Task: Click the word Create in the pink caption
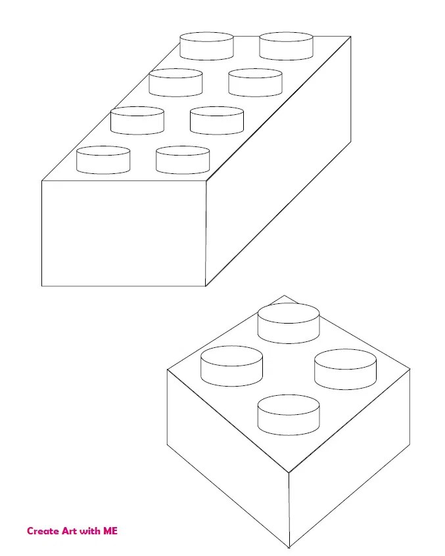click(x=43, y=531)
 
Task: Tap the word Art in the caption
click(x=69, y=531)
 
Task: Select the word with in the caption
click(x=90, y=531)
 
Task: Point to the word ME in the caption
click(x=110, y=531)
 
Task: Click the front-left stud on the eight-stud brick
click(x=103, y=160)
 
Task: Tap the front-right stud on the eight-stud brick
click(x=183, y=160)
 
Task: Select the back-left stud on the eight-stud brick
click(x=206, y=46)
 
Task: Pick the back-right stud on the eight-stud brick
click(x=286, y=46)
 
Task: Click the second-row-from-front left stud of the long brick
click(x=137, y=121)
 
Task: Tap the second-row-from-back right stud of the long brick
click(x=255, y=83)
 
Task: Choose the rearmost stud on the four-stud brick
click(x=289, y=323)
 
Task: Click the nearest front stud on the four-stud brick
click(x=289, y=415)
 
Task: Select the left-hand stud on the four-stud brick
click(x=231, y=366)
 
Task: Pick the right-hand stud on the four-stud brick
click(x=345, y=369)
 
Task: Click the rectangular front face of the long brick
click(x=124, y=233)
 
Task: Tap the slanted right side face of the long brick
click(x=278, y=161)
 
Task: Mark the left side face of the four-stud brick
click(x=228, y=458)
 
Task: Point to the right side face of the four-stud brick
click(x=350, y=458)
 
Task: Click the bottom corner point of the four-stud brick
click(x=289, y=547)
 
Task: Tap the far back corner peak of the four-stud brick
click(x=284, y=295)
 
